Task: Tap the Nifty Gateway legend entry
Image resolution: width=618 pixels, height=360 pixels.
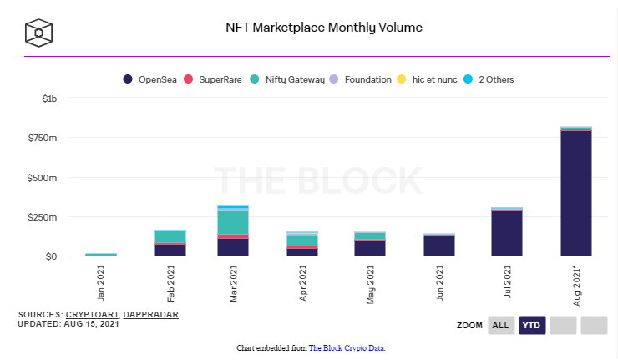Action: (293, 79)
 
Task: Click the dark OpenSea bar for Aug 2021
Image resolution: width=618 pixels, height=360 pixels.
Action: (576, 193)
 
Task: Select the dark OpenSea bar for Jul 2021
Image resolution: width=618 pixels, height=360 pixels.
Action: (507, 233)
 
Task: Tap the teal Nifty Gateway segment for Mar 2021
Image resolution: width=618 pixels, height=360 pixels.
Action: (233, 223)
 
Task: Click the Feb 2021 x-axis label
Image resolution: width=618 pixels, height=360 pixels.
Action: (170, 279)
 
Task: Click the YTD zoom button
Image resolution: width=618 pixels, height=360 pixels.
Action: (532, 325)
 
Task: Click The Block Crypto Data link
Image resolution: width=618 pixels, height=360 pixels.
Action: (347, 347)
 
